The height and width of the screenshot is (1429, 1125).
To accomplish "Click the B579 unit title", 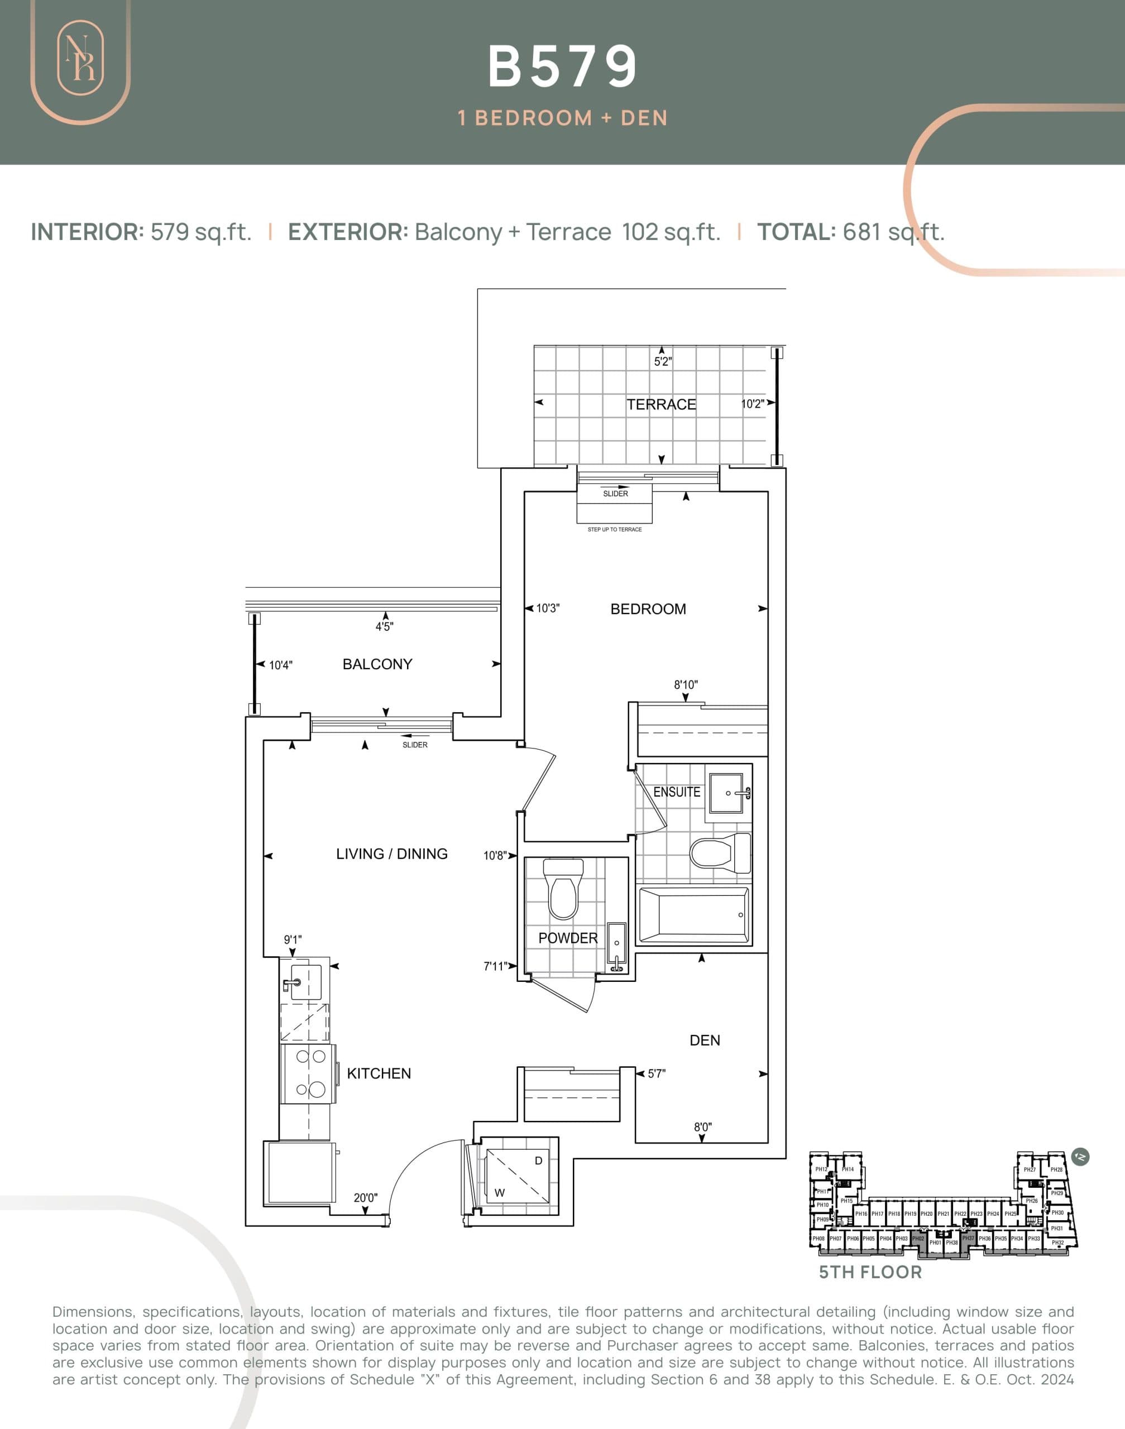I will pyautogui.click(x=563, y=66).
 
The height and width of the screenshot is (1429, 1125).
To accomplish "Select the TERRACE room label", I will pyautogui.click(x=660, y=404).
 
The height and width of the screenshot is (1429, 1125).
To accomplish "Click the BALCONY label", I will pyautogui.click(x=377, y=664).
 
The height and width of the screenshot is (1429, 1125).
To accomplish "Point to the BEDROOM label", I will pyautogui.click(x=648, y=609).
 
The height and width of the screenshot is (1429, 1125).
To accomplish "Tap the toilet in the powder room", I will pyautogui.click(x=563, y=890).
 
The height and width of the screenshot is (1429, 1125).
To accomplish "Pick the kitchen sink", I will pyautogui.click(x=305, y=982).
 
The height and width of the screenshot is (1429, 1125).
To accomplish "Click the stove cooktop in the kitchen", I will pyautogui.click(x=308, y=1073).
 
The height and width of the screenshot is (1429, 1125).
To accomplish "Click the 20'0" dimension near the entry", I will pyautogui.click(x=366, y=1197).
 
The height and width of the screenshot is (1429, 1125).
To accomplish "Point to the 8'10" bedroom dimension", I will pyautogui.click(x=685, y=685).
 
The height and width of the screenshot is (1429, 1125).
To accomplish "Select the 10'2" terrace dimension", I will pyautogui.click(x=751, y=404).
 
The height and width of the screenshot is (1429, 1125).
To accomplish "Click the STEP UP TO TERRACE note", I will pyautogui.click(x=614, y=529).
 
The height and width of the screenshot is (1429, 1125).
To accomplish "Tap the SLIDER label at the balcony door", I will pyautogui.click(x=414, y=745).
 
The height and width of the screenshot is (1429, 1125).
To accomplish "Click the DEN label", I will pyautogui.click(x=704, y=1040).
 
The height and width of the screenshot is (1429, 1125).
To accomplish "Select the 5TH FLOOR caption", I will pyautogui.click(x=869, y=1272).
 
